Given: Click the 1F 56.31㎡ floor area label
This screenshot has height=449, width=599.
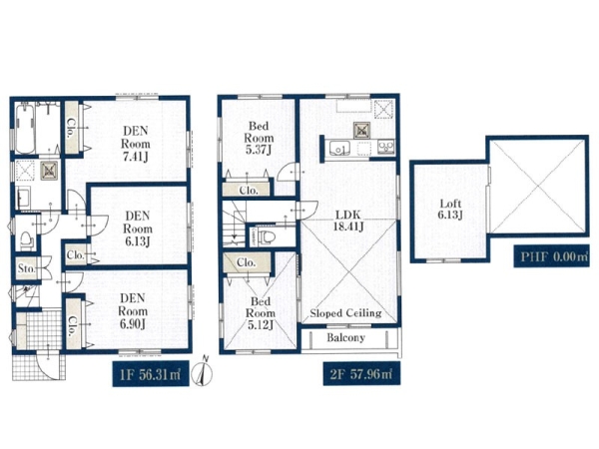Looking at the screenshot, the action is pos(151,374).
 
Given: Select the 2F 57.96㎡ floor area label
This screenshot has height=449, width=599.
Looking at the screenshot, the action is pos(361,374).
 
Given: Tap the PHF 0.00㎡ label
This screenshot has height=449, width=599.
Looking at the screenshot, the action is pos(551,256).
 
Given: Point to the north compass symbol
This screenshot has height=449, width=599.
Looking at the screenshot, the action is pos(203,371).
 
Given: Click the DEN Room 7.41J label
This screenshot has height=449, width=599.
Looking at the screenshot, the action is pos(135,144).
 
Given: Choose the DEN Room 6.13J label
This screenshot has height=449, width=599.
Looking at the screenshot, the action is pos(137,228).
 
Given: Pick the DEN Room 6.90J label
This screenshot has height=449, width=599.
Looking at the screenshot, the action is pos(133,310).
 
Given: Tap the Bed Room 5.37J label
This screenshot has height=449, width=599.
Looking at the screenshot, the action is pos(259,138).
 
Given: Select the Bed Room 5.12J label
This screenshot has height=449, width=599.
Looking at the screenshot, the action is pos(261,313).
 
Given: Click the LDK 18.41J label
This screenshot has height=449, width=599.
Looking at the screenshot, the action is pos(347,221).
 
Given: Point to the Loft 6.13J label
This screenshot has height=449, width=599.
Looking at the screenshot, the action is pos(450,210).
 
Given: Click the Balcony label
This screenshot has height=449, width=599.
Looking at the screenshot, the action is pos(345,337).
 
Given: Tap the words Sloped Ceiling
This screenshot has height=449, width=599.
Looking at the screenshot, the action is pos(345,313).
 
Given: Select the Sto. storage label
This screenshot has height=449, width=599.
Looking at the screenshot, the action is pos(26,268).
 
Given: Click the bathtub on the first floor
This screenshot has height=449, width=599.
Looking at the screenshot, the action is pos(25,129).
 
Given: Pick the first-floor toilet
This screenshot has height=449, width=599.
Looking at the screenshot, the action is pos(27,240).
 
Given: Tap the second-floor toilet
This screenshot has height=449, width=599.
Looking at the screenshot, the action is pos(267,236).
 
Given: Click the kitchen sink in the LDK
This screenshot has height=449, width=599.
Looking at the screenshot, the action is pos(339,148).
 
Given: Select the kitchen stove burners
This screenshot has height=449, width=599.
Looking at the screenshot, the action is pos(385,147).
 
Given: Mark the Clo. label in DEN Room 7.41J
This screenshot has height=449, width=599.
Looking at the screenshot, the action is pos(71,128).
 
